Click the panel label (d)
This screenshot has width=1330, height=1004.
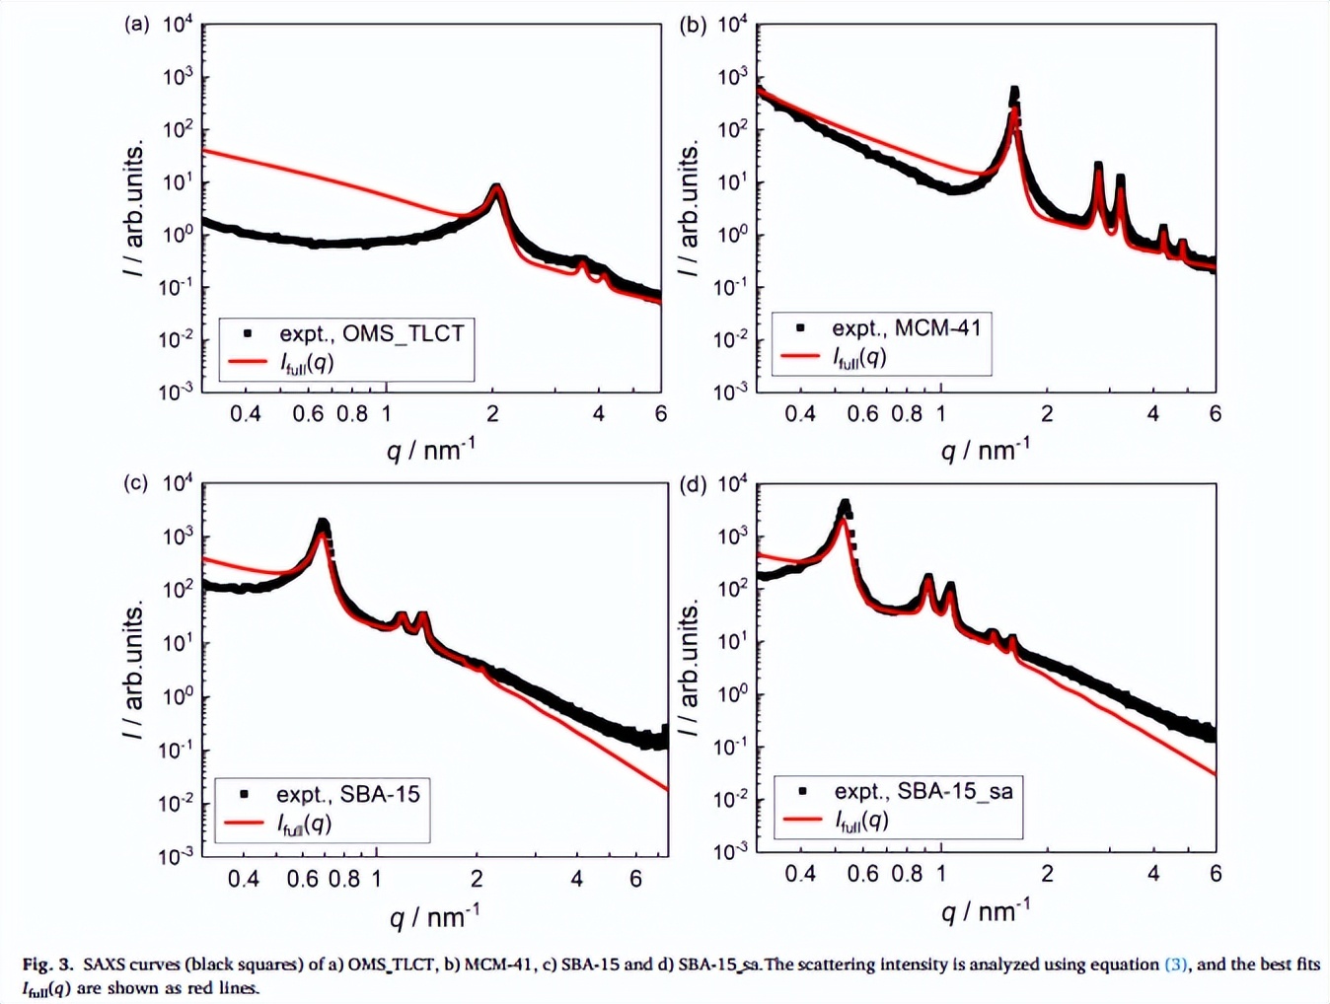[x=693, y=484]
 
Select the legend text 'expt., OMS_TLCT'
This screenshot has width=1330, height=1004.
[x=371, y=333]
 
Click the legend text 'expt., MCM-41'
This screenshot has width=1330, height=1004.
[x=906, y=327]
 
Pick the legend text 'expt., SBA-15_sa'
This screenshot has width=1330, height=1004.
[x=923, y=791]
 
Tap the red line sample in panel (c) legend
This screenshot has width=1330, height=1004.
[x=244, y=823]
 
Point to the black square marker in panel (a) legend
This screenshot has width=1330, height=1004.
[x=248, y=334]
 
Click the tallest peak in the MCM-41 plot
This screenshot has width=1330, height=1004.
[x=1013, y=93]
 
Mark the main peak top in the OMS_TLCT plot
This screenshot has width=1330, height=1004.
[x=496, y=187]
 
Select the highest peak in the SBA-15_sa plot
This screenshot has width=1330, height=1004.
[x=845, y=506]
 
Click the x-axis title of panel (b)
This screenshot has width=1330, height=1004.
[x=985, y=450]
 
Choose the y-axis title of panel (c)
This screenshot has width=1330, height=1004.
[x=133, y=671]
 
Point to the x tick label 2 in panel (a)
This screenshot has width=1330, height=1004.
[x=492, y=414]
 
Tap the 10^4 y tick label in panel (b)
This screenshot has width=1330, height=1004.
[x=731, y=24]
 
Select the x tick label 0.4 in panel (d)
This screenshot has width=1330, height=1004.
[x=799, y=874]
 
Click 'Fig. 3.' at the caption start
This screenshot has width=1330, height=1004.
[x=48, y=965]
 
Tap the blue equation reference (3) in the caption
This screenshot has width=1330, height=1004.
[x=1176, y=965]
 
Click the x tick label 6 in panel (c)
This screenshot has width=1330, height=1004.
[x=635, y=878]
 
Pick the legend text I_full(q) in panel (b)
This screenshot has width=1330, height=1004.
[x=859, y=357]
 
